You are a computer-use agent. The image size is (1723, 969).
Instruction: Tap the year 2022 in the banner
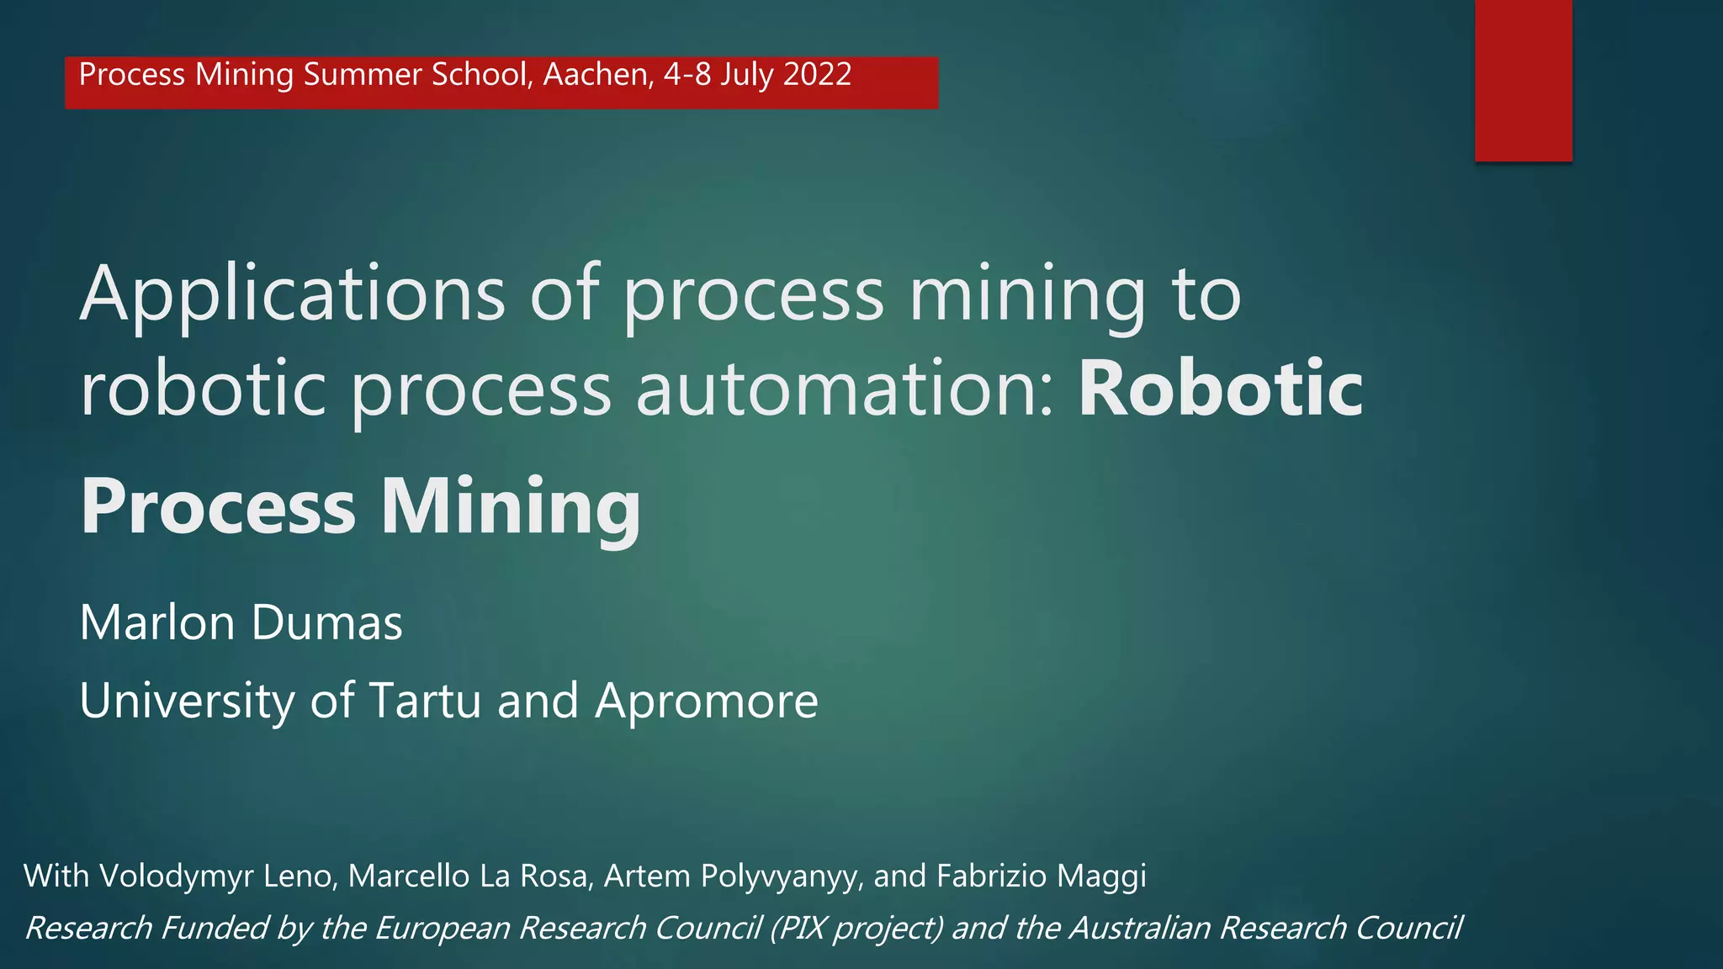[x=816, y=74]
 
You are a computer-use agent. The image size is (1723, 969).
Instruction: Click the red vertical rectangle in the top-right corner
[x=1523, y=80]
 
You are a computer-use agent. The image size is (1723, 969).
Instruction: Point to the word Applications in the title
[x=292, y=294]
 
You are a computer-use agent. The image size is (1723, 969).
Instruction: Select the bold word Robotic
[x=1220, y=389]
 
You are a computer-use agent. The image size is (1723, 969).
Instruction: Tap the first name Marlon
[x=157, y=622]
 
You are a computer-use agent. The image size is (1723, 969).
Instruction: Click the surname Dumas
[x=326, y=622]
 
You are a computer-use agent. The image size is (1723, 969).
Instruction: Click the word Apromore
[x=706, y=701]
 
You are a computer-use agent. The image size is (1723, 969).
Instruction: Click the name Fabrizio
[x=992, y=876]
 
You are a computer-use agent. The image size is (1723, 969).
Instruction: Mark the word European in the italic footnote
[x=442, y=928]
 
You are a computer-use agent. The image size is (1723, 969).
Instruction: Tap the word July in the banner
[x=746, y=75]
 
